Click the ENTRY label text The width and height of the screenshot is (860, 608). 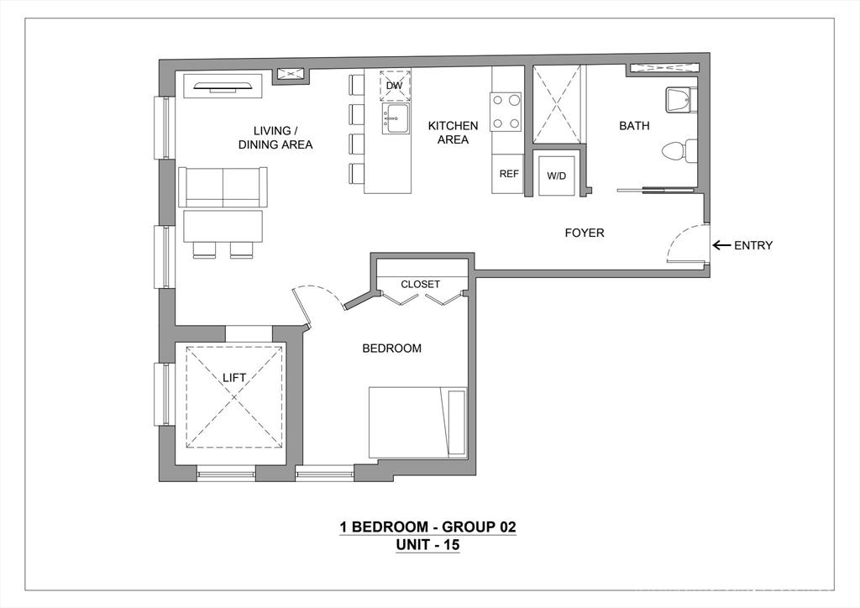[x=753, y=245]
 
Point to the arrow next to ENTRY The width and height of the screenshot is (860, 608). [x=721, y=245]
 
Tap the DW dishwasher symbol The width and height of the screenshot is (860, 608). [x=395, y=86]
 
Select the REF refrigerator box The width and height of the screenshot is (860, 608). [x=508, y=174]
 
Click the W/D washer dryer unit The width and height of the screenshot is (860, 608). [x=556, y=176]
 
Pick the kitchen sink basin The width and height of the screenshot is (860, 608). [x=395, y=118]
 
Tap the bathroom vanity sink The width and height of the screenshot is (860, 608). [x=679, y=100]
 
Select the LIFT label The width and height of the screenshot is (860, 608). [x=234, y=378]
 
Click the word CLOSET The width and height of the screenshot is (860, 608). [x=420, y=284]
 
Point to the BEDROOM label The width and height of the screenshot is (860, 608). [x=391, y=349]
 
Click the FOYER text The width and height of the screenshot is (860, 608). [x=585, y=233]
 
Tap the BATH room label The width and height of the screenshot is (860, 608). [x=634, y=126]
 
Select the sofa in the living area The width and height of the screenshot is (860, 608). [x=223, y=187]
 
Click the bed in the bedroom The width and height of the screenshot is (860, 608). [x=418, y=422]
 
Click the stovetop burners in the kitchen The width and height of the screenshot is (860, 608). [x=506, y=112]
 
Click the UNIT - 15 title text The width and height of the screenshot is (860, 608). [x=427, y=545]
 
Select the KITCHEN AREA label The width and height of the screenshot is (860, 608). [x=453, y=133]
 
